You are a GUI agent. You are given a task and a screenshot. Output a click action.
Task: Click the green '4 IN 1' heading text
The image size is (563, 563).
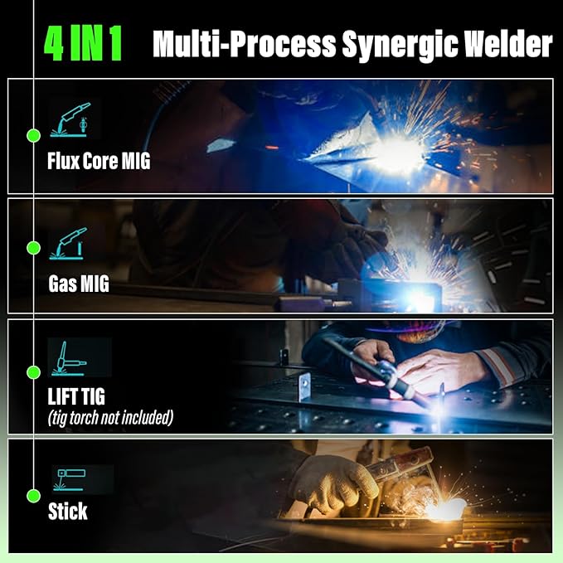pos(83,43)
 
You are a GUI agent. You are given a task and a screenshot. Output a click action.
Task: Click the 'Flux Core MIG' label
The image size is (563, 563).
pos(99,162)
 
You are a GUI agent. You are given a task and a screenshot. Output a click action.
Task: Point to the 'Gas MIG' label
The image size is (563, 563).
pos(79,286)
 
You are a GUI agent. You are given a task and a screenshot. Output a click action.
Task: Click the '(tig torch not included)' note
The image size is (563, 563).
pos(110,418)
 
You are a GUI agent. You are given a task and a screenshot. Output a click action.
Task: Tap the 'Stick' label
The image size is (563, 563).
pos(67,512)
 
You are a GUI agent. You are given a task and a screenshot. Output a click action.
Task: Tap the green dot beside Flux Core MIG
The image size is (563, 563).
pos(33,134)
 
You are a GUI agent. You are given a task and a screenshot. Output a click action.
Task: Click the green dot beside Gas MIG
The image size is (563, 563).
pos(33,248)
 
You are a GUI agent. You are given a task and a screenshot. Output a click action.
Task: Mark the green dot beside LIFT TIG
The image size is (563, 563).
pos(33,372)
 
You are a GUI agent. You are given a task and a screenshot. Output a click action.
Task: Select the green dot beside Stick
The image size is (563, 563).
pos(33,496)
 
